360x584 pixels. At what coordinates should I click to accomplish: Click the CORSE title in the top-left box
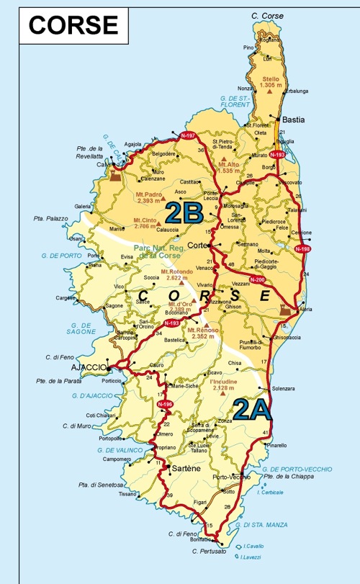pyautogui.click(x=73, y=24)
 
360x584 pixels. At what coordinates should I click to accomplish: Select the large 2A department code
pyautogui.click(x=253, y=409)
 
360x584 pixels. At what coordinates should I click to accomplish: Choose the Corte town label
pyautogui.click(x=197, y=245)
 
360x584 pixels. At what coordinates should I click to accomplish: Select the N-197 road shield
pyautogui.click(x=189, y=135)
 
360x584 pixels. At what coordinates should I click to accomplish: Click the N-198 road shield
pyautogui.click(x=303, y=248)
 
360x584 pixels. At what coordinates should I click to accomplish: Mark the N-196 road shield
pyautogui.click(x=163, y=407)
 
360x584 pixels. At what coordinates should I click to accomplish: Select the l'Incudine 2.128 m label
pyautogui.click(x=224, y=387)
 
